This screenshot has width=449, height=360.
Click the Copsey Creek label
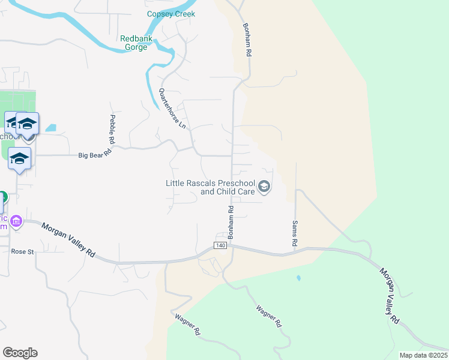click(x=171, y=14)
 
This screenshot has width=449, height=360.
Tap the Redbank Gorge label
click(x=134, y=43)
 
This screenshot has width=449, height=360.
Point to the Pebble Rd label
click(x=112, y=129)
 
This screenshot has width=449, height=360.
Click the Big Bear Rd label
click(x=95, y=155)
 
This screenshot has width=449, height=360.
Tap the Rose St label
click(x=22, y=252)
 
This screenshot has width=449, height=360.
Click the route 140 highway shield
click(x=220, y=246)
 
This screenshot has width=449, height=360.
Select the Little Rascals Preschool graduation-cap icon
click(x=264, y=188)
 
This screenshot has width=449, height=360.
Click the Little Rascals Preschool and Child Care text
click(x=210, y=188)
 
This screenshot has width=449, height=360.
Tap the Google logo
click(x=20, y=353)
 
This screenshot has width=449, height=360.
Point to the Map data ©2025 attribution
click(x=424, y=355)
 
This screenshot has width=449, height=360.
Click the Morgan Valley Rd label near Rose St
click(x=68, y=240)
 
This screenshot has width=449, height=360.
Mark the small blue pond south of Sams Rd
click(x=298, y=278)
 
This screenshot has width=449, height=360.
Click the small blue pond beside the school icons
click(x=50, y=128)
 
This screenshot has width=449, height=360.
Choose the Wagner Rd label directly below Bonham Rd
click(x=269, y=316)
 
